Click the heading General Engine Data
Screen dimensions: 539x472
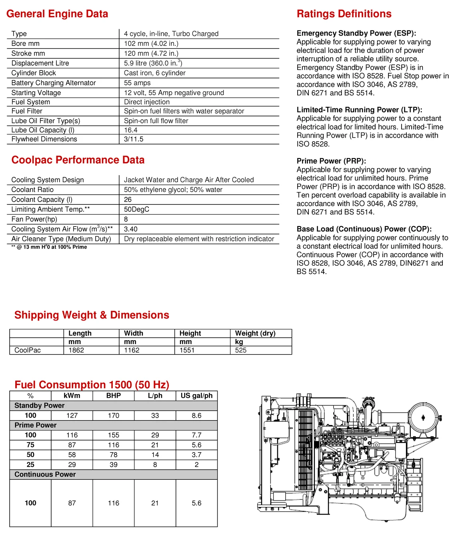click(57, 14)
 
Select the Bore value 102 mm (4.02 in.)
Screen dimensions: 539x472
click(151, 44)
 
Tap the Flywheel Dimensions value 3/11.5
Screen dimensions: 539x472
click(134, 139)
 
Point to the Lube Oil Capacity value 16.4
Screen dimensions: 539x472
click(130, 130)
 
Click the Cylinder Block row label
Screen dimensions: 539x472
click(34, 73)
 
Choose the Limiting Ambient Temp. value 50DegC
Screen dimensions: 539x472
click(136, 209)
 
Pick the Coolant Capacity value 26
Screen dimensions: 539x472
click(128, 199)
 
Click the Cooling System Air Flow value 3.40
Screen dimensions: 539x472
click(130, 229)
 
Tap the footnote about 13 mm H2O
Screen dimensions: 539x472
click(49, 247)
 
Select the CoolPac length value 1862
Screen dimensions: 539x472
click(76, 350)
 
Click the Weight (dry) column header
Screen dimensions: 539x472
click(255, 333)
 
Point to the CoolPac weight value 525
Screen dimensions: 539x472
click(240, 350)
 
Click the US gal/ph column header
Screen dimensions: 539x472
click(196, 396)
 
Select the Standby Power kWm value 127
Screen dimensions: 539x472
click(72, 415)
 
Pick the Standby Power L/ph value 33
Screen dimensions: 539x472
click(155, 415)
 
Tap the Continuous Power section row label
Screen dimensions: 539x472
click(45, 474)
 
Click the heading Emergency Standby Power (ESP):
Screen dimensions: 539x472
click(356, 33)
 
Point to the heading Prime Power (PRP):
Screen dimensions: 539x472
click(331, 161)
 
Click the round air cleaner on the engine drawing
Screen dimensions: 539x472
click(424, 418)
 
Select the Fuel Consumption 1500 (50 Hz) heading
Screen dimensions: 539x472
click(92, 385)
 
